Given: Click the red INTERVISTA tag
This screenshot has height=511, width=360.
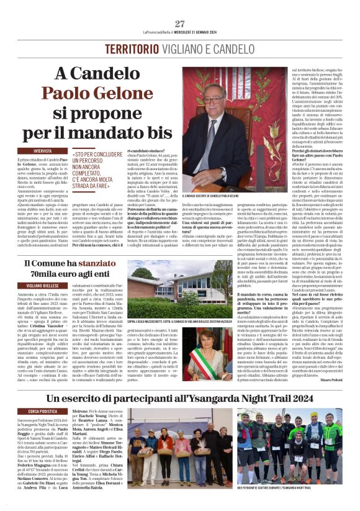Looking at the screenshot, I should click(43, 151).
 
